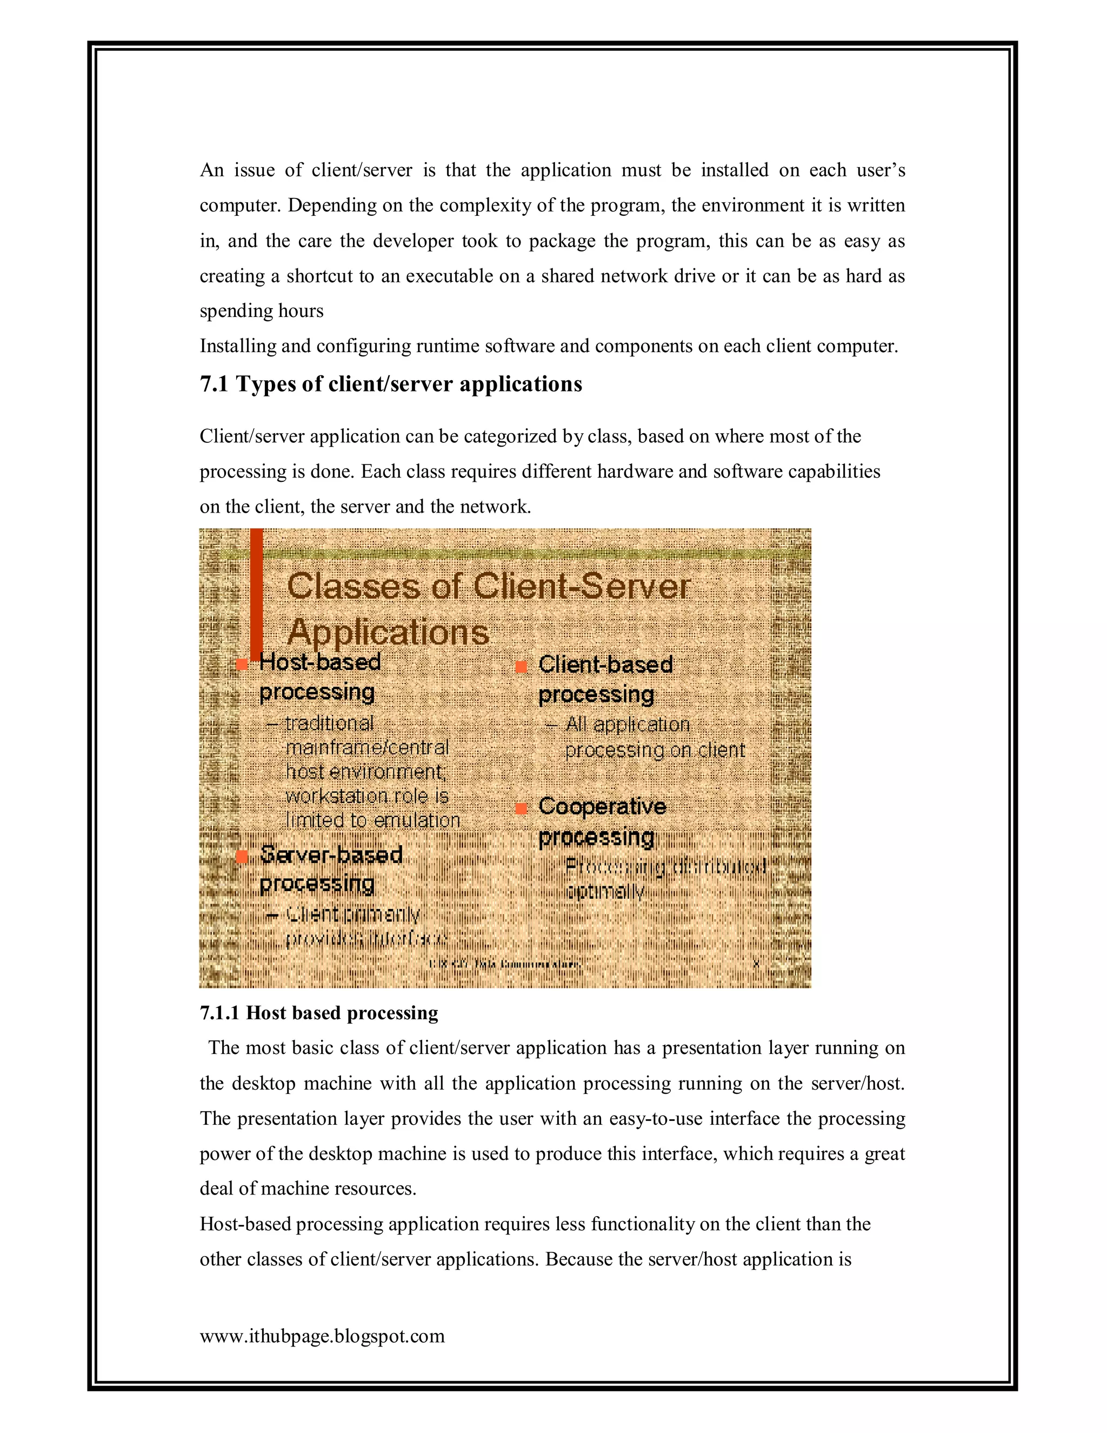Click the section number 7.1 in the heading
[x=214, y=384]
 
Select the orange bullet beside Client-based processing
[x=522, y=667]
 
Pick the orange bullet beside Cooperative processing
[x=522, y=808]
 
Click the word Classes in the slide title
[x=353, y=586]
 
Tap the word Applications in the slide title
[x=388, y=633]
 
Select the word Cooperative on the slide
[x=602, y=806]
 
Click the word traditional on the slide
[x=329, y=723]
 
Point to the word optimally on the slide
[x=605, y=891]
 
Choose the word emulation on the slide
[x=417, y=820]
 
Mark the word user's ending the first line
[x=881, y=170]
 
